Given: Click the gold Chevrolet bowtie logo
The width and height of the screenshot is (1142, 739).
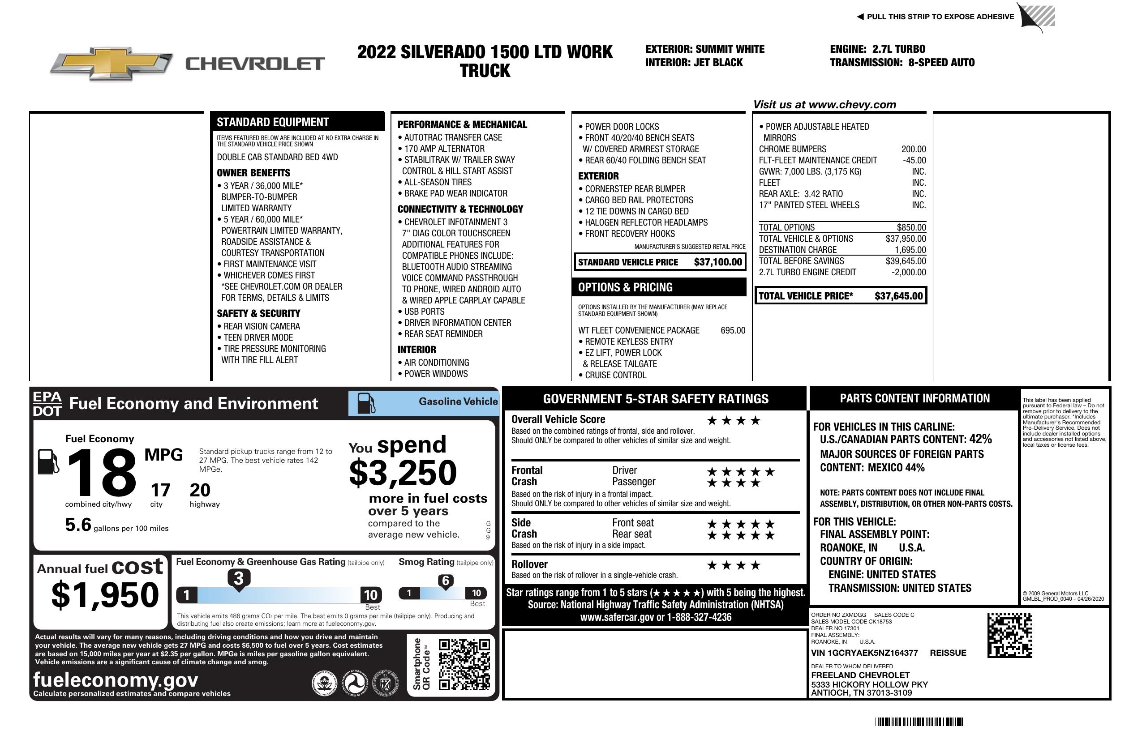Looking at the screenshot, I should click(112, 63).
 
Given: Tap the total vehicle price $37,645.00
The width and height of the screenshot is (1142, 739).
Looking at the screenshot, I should click(898, 296).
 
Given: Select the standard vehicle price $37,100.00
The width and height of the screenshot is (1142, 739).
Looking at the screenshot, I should click(718, 262).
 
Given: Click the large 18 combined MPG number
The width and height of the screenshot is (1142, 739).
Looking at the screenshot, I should click(102, 473).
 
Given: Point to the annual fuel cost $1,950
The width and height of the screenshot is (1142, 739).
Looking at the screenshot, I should click(105, 595).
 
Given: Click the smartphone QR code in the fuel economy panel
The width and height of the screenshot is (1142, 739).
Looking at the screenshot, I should click(464, 664).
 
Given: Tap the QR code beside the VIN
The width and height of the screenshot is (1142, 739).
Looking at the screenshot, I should click(1009, 635).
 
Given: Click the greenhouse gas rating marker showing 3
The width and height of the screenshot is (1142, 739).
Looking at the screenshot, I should click(238, 578).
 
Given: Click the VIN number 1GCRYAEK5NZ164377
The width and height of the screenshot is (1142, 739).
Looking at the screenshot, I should click(864, 653).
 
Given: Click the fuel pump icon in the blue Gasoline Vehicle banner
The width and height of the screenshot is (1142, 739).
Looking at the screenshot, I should click(366, 403).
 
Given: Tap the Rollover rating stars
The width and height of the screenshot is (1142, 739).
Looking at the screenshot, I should click(734, 565).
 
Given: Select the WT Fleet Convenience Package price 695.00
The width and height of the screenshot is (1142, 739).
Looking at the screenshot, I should click(733, 330).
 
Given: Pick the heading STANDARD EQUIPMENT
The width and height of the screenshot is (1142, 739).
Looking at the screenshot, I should click(273, 122).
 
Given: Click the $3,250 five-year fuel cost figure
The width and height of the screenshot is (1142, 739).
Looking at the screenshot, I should click(403, 473).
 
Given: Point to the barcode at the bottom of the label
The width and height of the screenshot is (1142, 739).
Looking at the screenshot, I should click(919, 722).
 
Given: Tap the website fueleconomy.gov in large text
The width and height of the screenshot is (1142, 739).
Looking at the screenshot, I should click(116, 680).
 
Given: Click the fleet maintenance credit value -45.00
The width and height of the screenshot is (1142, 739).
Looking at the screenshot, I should click(914, 161).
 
